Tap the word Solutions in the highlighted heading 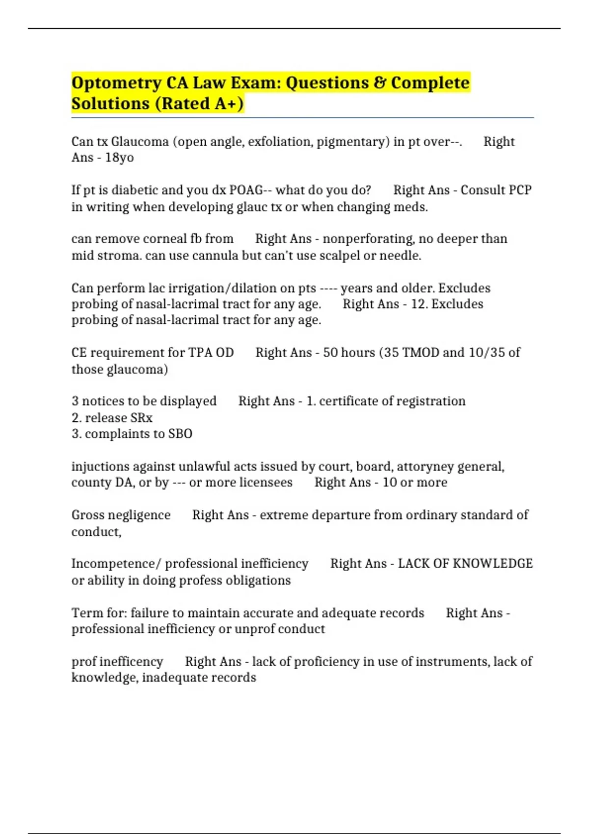[110, 104]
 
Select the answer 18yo [119, 158]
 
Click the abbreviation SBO [180, 434]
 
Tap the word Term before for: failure [84, 613]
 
